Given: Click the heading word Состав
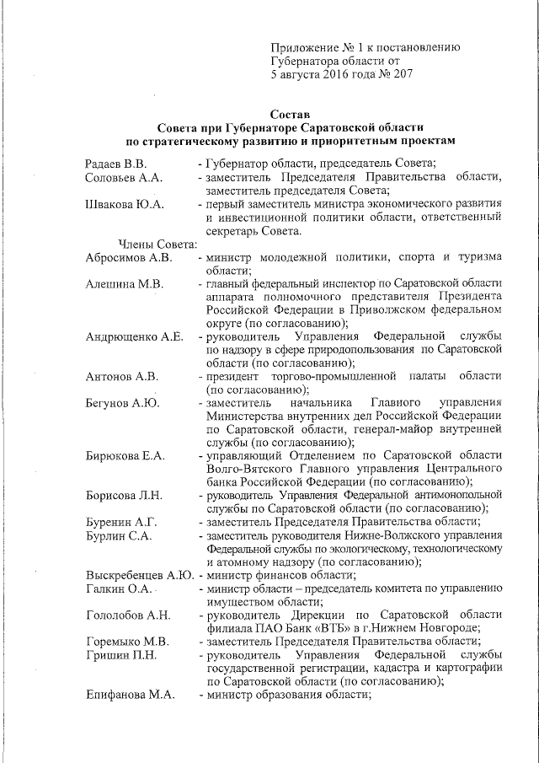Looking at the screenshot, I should coord(291,113).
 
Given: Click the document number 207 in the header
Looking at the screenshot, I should coord(399,74).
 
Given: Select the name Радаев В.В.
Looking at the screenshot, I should coord(116,163).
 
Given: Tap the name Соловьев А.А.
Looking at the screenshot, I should coord(124,177).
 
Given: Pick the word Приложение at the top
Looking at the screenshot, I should coord(305,47).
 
